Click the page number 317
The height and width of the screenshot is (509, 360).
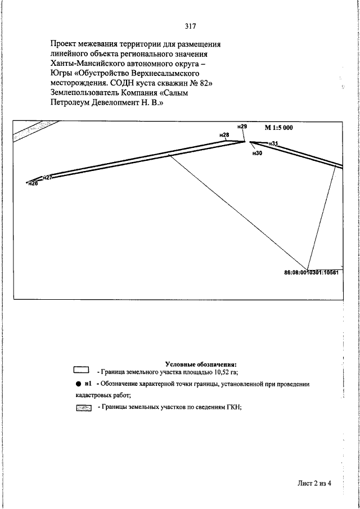[x=190, y=25]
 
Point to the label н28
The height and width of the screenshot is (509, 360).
[x=224, y=135]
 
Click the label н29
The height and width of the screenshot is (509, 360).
[x=242, y=127]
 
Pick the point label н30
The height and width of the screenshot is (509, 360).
[x=258, y=153]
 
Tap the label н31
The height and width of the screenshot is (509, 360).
[x=274, y=144]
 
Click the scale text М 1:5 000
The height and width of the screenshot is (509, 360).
[x=278, y=128]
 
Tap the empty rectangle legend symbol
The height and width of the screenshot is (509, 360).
[x=82, y=370]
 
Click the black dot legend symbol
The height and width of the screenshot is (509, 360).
[x=79, y=384]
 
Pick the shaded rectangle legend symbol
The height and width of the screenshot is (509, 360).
[x=83, y=408]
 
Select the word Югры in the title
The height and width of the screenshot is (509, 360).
[x=62, y=74]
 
